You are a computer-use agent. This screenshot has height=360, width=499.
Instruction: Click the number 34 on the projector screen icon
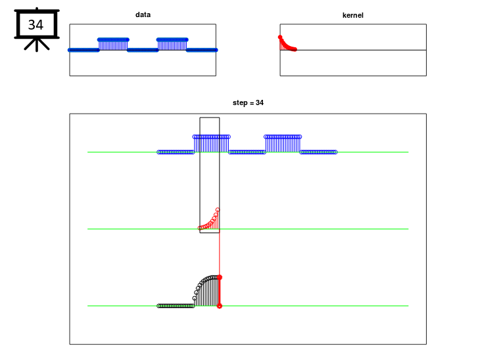tap(36, 25)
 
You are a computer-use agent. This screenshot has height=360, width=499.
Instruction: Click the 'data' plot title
tap(143, 14)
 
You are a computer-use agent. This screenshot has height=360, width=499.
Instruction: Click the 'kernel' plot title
tap(352, 15)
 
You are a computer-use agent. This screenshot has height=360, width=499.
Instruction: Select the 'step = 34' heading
tap(248, 102)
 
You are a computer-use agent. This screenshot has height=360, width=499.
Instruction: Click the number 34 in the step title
tap(260, 102)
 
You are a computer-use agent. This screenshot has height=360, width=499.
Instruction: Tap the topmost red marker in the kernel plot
tap(280, 37)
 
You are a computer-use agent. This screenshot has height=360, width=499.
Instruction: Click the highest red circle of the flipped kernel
tap(218, 210)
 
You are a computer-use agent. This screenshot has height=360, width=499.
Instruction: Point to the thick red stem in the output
tap(220, 292)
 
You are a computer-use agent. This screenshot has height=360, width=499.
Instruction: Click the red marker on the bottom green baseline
tap(220, 306)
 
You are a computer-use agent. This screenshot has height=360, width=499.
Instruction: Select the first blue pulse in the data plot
tap(113, 45)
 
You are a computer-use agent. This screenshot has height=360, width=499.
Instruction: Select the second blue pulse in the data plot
tap(172, 45)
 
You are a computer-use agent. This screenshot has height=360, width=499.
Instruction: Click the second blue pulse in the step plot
tap(283, 144)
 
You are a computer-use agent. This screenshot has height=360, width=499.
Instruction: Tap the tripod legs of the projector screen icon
tap(37, 45)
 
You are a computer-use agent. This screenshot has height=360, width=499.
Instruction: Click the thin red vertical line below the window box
tap(220, 254)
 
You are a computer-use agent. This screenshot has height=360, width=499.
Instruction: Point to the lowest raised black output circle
tap(195, 298)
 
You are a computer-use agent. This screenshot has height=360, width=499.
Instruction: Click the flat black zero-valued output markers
tap(176, 306)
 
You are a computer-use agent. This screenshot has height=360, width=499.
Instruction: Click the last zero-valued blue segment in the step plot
tap(318, 152)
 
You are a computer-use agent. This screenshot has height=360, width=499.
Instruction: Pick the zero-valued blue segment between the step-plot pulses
tap(247, 152)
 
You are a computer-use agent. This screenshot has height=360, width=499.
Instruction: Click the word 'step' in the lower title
tap(239, 103)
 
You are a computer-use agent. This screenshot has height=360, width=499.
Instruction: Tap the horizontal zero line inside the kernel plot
tap(353, 50)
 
